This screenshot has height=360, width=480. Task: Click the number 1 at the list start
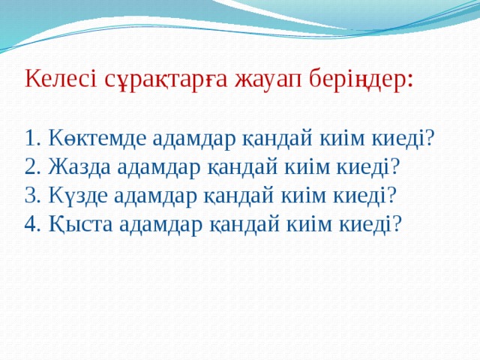pyautogui.click(x=30, y=138)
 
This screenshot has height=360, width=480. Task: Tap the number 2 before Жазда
pyautogui.click(x=30, y=166)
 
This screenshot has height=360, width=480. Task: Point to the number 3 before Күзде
pyautogui.click(x=30, y=195)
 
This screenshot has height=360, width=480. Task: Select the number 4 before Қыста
pyautogui.click(x=30, y=223)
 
